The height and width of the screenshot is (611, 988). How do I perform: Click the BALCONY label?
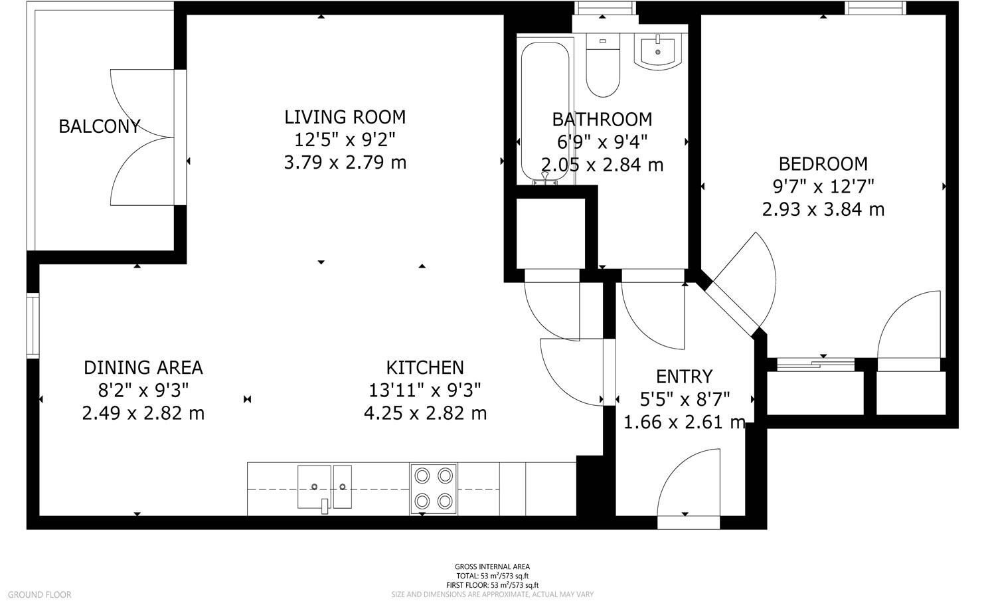(99, 127)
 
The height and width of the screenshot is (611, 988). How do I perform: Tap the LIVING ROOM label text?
(345, 118)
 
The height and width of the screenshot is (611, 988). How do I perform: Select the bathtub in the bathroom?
(545, 112)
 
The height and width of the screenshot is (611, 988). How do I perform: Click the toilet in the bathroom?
(602, 66)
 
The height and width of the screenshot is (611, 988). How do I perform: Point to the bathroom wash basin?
(657, 52)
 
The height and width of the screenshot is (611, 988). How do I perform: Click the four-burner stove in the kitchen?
(434, 489)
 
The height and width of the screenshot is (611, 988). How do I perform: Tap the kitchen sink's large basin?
(314, 487)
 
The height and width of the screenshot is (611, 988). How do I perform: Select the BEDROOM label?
(823, 164)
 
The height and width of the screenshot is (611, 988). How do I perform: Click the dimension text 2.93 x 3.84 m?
(823, 210)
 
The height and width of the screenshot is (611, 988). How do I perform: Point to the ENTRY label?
(684, 377)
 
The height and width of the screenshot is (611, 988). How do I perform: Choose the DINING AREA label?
(143, 368)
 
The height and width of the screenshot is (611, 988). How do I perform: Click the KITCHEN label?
(425, 367)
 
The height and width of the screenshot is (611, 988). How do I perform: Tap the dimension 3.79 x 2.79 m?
(345, 163)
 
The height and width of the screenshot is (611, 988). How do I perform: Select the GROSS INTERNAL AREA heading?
(492, 567)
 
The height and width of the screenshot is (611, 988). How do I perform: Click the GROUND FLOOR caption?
(40, 594)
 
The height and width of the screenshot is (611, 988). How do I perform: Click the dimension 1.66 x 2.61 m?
(684, 422)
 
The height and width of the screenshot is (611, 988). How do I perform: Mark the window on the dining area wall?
(33, 325)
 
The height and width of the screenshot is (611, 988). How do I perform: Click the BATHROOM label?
(602, 120)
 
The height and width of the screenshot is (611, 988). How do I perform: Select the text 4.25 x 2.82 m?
(425, 413)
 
